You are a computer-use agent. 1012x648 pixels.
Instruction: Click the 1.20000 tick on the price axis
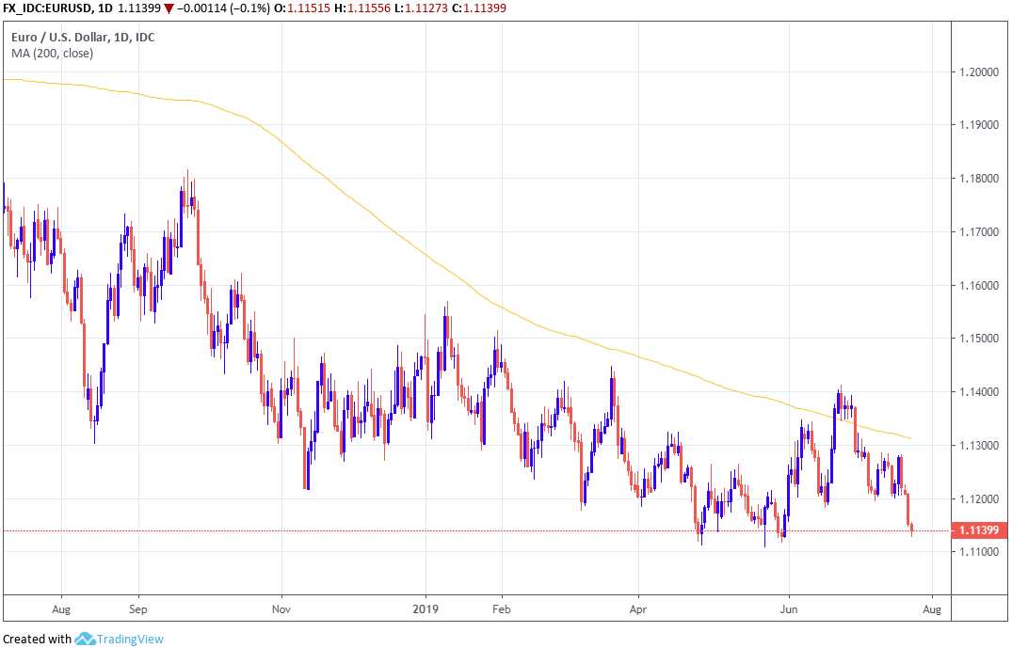[979, 72]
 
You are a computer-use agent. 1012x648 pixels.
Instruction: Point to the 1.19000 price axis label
[979, 125]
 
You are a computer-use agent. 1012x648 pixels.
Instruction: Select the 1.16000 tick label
[979, 285]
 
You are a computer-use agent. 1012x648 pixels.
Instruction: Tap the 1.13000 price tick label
[979, 445]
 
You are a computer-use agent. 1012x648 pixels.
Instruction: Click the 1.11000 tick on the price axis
[979, 551]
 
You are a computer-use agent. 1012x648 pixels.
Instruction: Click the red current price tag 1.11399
[979, 530]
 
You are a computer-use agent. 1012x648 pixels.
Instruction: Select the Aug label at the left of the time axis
[61, 608]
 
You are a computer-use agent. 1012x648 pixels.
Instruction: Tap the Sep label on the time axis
[137, 608]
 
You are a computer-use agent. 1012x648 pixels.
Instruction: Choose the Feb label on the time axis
[501, 608]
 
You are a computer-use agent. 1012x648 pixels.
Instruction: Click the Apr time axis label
[638, 608]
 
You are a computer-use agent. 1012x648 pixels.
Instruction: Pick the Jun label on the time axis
[788, 608]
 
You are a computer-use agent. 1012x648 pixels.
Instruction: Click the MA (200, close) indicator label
[52, 54]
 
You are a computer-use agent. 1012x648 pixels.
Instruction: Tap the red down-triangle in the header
[168, 8]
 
